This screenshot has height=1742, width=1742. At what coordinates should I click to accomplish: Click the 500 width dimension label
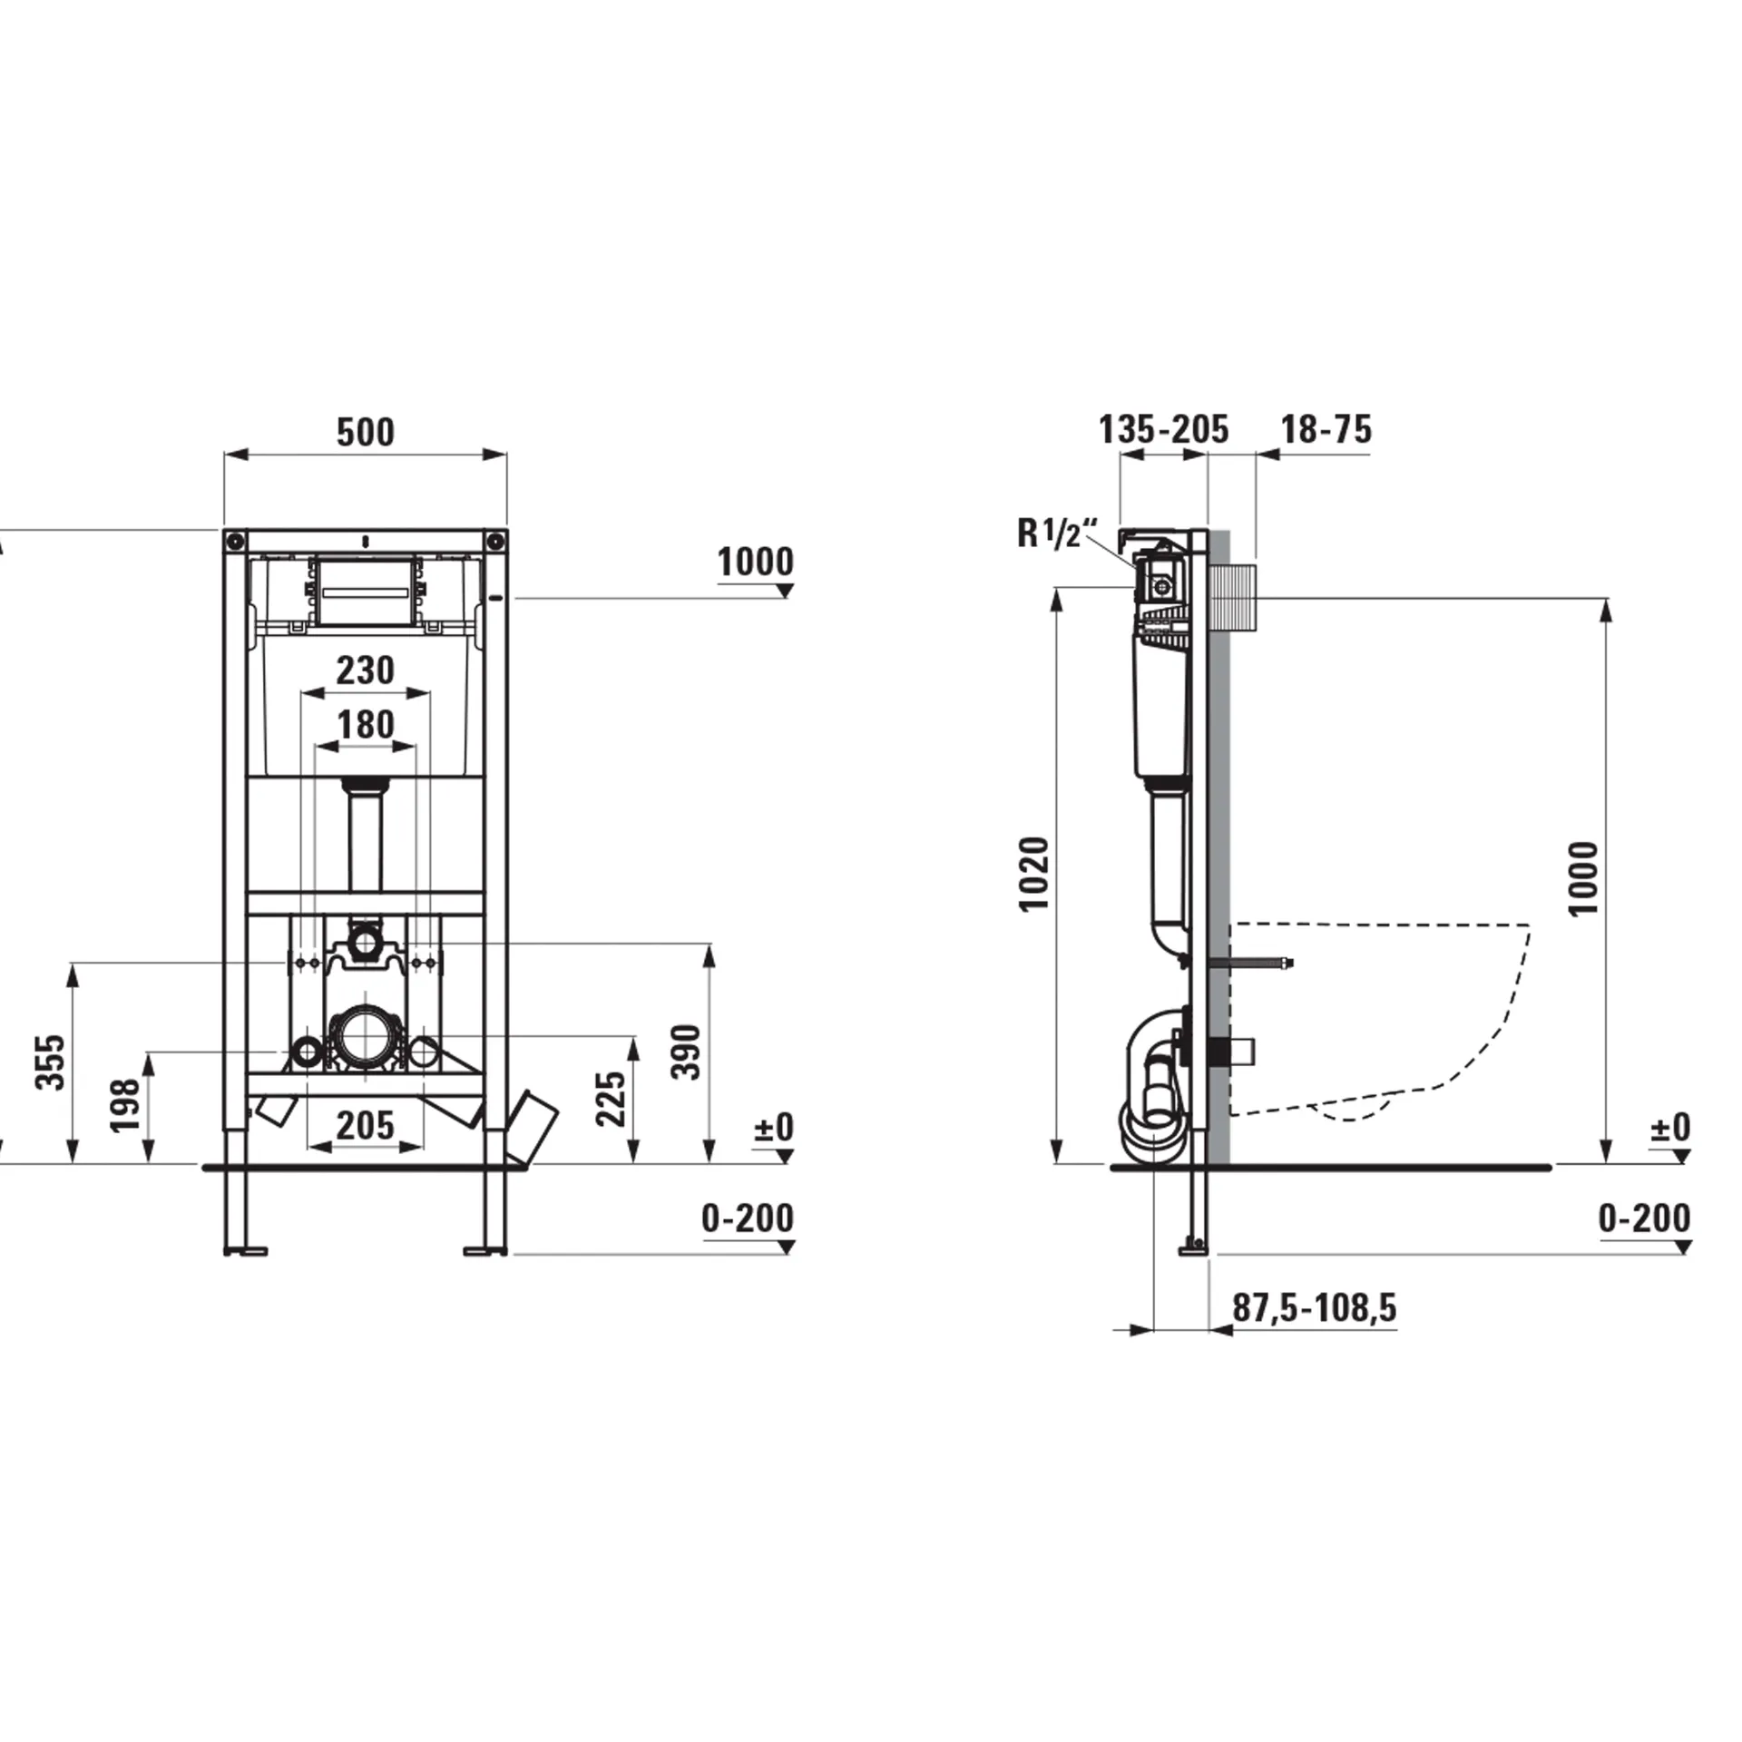[366, 432]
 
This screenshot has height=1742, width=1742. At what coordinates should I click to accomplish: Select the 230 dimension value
[365, 670]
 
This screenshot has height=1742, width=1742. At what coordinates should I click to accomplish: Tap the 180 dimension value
[366, 725]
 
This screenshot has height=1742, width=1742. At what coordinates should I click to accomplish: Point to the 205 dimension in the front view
[366, 1126]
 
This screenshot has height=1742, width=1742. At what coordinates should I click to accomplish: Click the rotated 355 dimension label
[51, 1062]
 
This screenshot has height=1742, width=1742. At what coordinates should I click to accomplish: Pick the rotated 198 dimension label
[125, 1104]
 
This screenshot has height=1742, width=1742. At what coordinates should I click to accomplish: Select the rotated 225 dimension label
[612, 1098]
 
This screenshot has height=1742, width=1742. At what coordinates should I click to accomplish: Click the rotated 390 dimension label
[687, 1052]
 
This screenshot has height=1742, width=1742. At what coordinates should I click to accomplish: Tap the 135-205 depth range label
[1163, 429]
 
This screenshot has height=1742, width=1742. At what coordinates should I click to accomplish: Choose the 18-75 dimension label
[1326, 429]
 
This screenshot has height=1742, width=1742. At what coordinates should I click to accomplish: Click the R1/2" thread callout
[1057, 533]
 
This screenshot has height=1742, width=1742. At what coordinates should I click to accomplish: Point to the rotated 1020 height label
[1033, 874]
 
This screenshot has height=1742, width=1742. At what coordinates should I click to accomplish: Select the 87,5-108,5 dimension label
[1314, 1307]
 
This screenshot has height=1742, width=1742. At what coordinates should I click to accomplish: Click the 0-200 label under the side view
[1643, 1218]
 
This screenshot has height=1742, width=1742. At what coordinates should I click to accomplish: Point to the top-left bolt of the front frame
[235, 542]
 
